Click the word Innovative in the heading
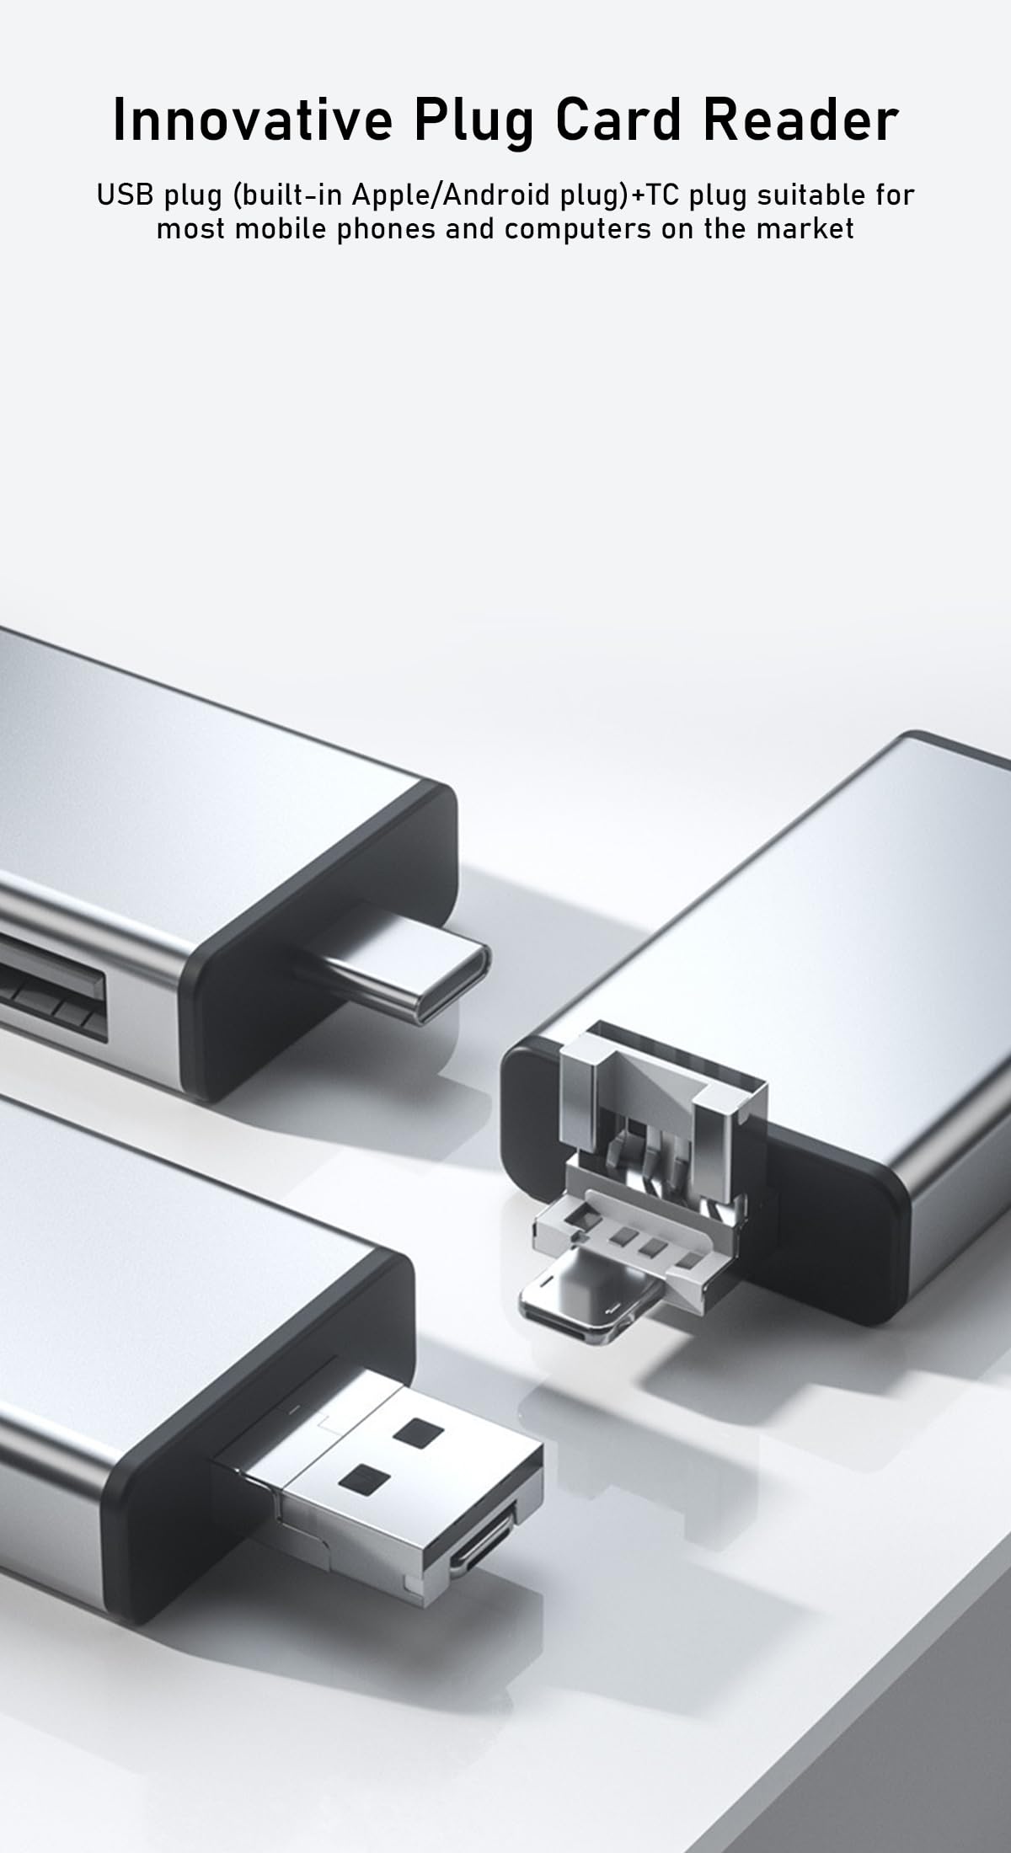point(253,120)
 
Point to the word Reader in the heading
point(801,120)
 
